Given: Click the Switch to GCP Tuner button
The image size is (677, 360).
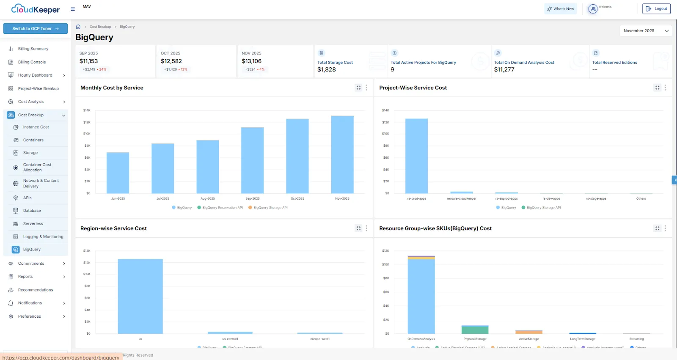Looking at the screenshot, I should [x=36, y=29].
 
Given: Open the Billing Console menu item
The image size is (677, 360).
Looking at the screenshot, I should [x=32, y=62].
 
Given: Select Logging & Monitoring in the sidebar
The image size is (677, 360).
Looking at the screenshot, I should [x=43, y=237].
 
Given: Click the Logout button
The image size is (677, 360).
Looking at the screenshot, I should [x=656, y=9].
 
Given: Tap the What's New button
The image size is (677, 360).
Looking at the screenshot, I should [x=560, y=9].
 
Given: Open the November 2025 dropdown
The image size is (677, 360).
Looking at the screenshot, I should [x=646, y=31].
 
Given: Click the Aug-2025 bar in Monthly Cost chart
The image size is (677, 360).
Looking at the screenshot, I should [x=208, y=167].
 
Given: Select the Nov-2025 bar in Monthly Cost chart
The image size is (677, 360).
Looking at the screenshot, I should [x=342, y=154].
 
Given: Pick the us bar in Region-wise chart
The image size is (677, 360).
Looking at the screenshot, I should [x=140, y=296].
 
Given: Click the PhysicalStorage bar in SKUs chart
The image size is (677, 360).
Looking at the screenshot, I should [x=475, y=330].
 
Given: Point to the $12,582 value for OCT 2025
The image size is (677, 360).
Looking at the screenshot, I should [x=171, y=61].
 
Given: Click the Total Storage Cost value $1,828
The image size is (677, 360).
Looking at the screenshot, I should [x=327, y=70].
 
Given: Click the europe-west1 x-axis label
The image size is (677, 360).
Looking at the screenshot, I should [x=320, y=339].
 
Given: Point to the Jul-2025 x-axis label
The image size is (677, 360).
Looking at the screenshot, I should [x=163, y=198].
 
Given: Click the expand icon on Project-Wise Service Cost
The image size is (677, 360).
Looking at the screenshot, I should [x=657, y=88].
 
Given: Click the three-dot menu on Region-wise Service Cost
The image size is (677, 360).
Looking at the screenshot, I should [x=366, y=228].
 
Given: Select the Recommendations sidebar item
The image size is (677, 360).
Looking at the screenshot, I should [x=35, y=290].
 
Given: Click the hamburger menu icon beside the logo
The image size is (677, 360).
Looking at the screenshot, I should [x=73, y=9].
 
